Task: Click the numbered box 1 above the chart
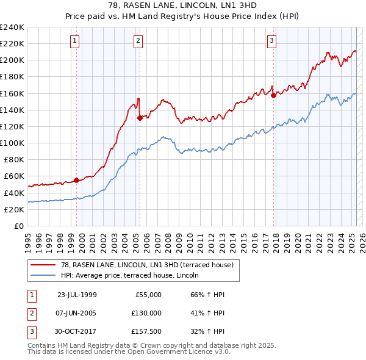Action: click(x=74, y=41)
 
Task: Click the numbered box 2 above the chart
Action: click(x=138, y=41)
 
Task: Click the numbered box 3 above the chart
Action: click(x=271, y=41)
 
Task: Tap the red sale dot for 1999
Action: click(x=77, y=180)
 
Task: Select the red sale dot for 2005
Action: click(x=140, y=118)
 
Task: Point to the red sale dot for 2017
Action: click(x=273, y=95)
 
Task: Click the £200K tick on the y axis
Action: click(x=12, y=60)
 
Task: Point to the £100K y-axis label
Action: click(x=12, y=143)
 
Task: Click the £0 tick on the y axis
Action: click(x=20, y=226)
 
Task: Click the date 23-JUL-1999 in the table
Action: click(x=77, y=295)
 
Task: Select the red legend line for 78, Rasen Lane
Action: click(x=43, y=264)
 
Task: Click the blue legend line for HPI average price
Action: click(x=43, y=275)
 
